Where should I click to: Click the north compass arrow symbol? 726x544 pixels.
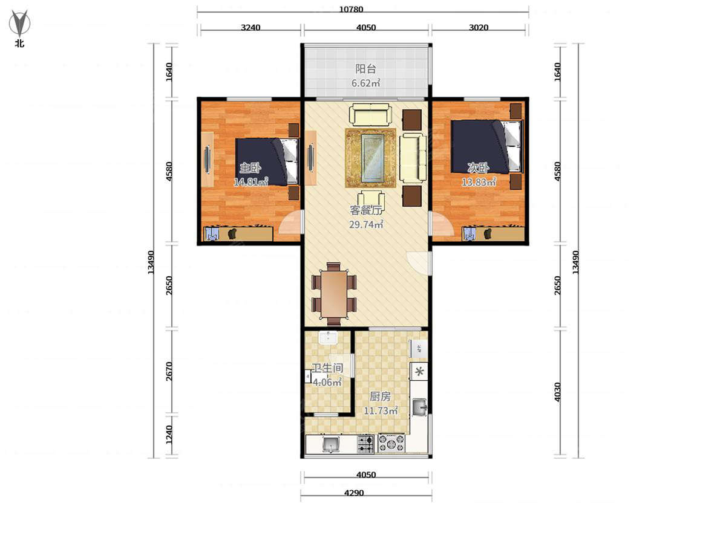19,23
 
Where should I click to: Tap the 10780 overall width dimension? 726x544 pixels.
351,9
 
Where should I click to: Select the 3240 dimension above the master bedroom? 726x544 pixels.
250,27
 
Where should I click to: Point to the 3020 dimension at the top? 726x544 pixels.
479,27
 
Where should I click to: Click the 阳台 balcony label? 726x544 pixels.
366,69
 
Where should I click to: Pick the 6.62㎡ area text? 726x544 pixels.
365,83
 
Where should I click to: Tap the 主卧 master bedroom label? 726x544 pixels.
250,168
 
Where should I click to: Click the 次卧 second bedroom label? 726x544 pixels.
478,168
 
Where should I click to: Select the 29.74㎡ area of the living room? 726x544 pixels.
366,225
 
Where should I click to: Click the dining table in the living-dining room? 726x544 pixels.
334,294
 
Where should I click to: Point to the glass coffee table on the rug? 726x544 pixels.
373,158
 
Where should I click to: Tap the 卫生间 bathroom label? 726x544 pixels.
327,368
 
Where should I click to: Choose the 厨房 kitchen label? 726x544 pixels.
381,397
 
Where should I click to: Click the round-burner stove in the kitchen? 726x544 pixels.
391,443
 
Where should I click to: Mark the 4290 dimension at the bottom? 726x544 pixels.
353,493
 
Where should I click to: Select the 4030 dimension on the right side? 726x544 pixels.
557,392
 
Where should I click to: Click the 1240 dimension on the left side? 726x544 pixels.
169,435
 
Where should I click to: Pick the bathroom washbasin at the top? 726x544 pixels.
328,337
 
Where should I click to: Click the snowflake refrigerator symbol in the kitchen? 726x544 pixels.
419,372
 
